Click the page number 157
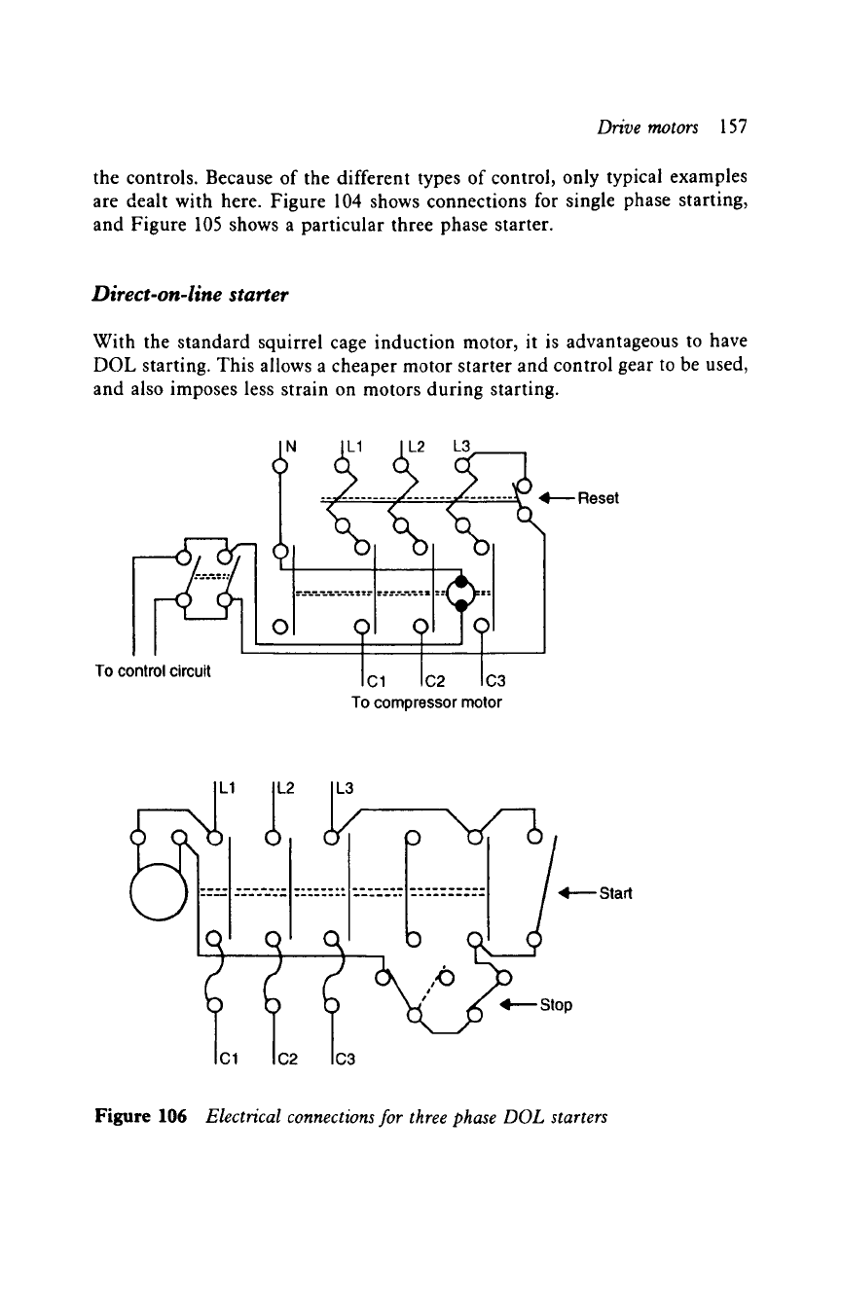click(x=733, y=126)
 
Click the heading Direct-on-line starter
click(x=190, y=295)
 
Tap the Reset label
click(x=599, y=498)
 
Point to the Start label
click(x=615, y=893)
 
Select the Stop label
click(x=556, y=1005)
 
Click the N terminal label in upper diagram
click(x=291, y=446)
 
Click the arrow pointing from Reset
click(x=558, y=498)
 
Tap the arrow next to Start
click(x=577, y=893)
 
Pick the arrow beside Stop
click(x=519, y=1004)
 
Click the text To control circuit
click(x=153, y=671)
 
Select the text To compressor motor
click(x=426, y=702)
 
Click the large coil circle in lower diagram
click(x=159, y=891)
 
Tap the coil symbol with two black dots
click(x=461, y=594)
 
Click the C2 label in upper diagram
click(x=436, y=681)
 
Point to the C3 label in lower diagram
click(x=346, y=1060)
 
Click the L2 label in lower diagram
click(x=285, y=788)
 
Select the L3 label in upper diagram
click(x=462, y=446)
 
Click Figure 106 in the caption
click(x=140, y=1116)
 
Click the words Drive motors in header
click(x=647, y=127)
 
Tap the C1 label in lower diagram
click(x=229, y=1060)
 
